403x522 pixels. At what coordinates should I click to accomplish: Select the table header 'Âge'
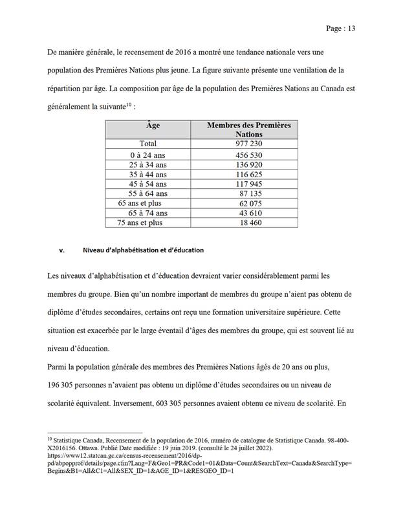(153, 125)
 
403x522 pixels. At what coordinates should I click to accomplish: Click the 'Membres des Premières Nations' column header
(248, 129)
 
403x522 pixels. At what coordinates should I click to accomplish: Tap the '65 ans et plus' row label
(140, 203)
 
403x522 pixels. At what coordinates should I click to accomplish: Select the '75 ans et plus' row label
(140, 223)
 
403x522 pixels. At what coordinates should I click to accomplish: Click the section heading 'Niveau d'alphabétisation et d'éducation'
(143, 250)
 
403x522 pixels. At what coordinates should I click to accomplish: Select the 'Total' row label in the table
(153, 144)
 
